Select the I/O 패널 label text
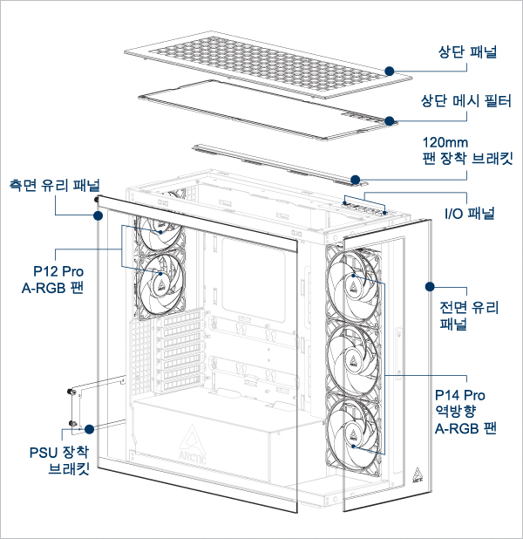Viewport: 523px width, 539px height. (x=469, y=214)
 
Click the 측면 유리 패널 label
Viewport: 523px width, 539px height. (x=54, y=185)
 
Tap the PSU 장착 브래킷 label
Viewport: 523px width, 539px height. (x=58, y=460)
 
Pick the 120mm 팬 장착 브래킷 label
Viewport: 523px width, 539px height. (x=467, y=150)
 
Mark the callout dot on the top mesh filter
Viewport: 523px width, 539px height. (x=390, y=120)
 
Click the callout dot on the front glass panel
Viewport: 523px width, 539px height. (x=430, y=285)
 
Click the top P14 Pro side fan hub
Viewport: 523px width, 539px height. (x=354, y=279)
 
